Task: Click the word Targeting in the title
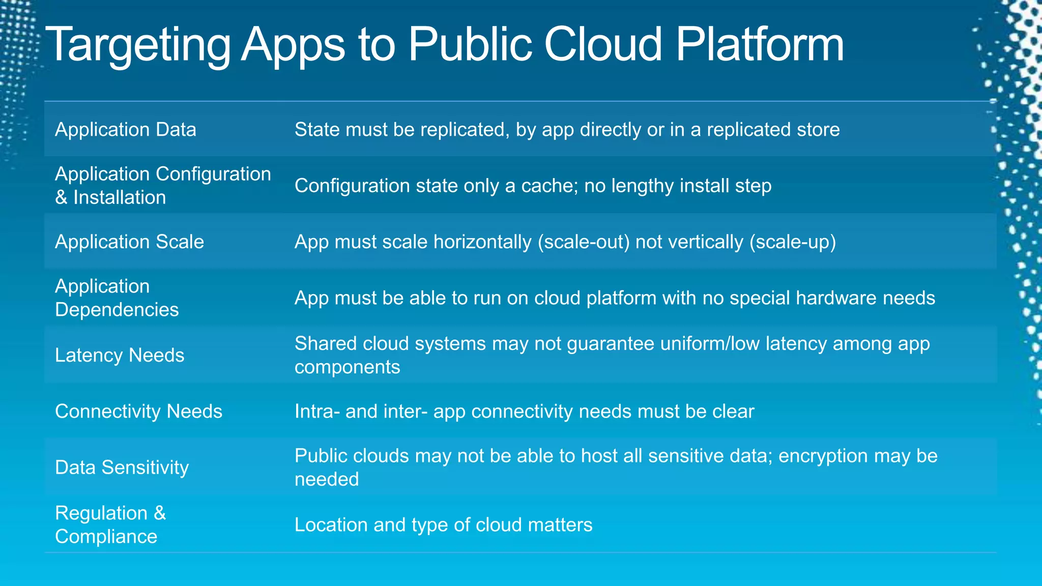(137, 46)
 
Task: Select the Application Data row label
(125, 130)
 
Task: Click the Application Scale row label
(129, 242)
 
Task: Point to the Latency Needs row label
(120, 355)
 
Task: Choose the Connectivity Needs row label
(138, 411)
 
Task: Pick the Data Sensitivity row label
(122, 467)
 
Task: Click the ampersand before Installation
(61, 197)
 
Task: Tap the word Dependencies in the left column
(117, 310)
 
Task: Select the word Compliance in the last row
(106, 537)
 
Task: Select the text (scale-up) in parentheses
(792, 242)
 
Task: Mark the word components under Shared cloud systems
(347, 367)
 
